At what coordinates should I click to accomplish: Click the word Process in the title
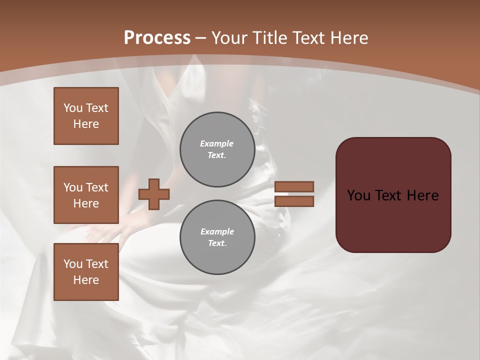tap(157, 38)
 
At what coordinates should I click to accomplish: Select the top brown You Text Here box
tap(86, 116)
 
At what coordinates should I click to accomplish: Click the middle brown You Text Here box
tap(86, 195)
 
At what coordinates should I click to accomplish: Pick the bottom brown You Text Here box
tap(86, 272)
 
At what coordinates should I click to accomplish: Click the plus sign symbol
tap(154, 194)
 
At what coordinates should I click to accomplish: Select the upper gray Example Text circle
tap(217, 149)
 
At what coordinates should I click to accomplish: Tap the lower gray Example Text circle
tap(217, 237)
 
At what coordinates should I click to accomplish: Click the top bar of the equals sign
tap(294, 186)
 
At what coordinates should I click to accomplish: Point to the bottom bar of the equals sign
tap(294, 201)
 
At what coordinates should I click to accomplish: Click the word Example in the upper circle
tap(216, 143)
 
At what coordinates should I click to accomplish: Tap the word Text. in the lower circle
tap(217, 243)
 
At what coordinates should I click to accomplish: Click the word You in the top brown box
tap(73, 108)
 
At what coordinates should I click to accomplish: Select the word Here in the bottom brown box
tap(86, 280)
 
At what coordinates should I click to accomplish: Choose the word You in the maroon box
tap(358, 195)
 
